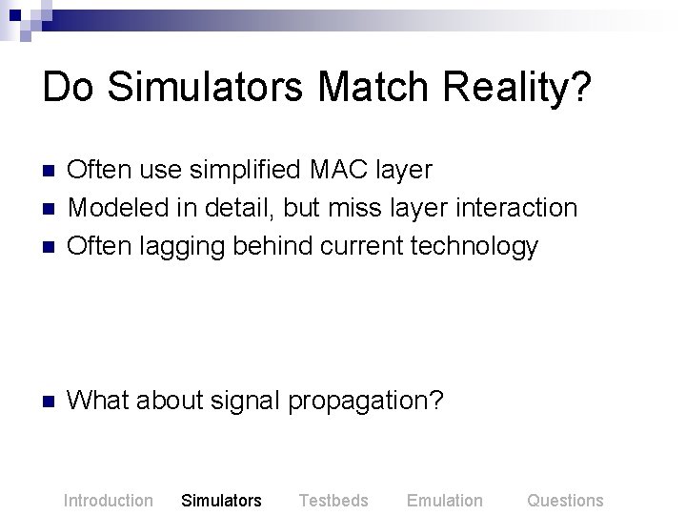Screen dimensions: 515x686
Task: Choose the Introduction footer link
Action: [108, 500]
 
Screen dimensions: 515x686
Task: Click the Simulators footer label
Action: [221, 500]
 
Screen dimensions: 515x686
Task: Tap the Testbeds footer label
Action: [333, 500]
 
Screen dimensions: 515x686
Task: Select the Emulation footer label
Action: [445, 500]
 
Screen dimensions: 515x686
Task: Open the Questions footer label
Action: [565, 500]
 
